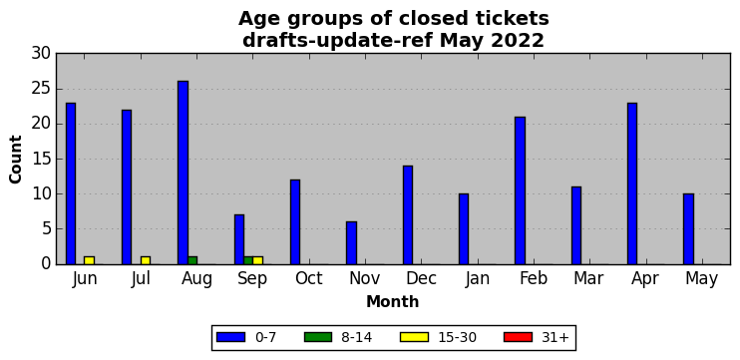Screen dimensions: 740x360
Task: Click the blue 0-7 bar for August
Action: click(x=184, y=173)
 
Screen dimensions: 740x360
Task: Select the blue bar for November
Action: click(x=352, y=243)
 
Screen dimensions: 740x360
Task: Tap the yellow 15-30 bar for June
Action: click(x=89, y=260)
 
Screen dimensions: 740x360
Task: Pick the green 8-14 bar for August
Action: click(x=192, y=260)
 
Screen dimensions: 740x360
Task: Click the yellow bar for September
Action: click(x=257, y=260)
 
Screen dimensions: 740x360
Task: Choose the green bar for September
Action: click(x=248, y=260)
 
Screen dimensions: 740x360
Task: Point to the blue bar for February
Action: click(x=520, y=190)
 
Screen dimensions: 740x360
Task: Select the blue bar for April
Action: click(x=632, y=183)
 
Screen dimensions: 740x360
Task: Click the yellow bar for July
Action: click(x=146, y=260)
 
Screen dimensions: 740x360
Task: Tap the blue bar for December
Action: click(x=408, y=215)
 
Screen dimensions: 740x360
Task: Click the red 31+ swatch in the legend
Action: click(x=519, y=337)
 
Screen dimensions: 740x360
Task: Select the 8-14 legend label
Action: click(x=356, y=337)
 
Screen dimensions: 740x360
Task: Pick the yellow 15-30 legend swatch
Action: click(x=414, y=337)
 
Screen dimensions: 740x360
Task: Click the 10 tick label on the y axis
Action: click(x=42, y=193)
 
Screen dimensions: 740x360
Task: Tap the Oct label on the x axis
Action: click(x=309, y=279)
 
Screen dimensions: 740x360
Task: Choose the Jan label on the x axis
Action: click(x=477, y=279)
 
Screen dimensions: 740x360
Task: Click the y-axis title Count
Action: click(x=16, y=159)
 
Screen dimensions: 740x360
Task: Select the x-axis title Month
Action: click(x=393, y=301)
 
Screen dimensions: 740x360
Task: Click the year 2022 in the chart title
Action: click(x=518, y=41)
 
